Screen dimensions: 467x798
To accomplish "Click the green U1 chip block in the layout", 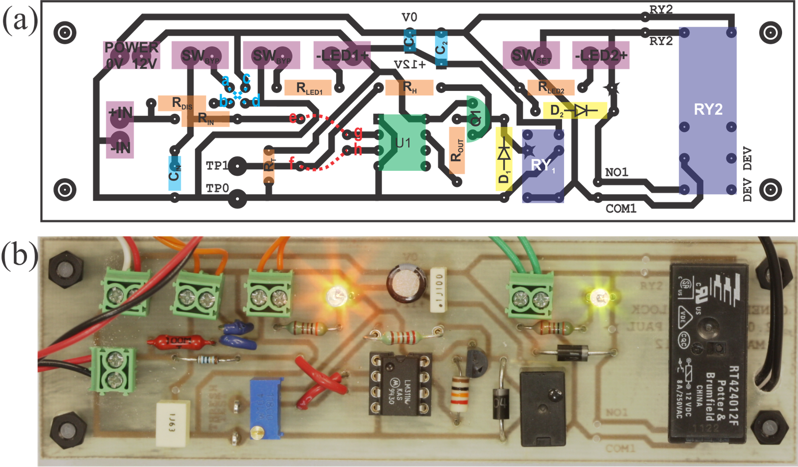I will click(402, 143).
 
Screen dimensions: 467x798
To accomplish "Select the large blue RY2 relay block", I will click(708, 110).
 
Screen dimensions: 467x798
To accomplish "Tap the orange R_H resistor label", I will click(409, 88).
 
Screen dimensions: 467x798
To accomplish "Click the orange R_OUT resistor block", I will click(456, 150).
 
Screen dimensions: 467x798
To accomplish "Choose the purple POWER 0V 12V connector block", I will click(132, 55).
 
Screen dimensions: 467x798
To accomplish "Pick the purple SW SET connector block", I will click(531, 55).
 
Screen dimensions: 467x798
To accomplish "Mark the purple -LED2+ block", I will click(600, 55).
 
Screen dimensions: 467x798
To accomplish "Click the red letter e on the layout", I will click(293, 118).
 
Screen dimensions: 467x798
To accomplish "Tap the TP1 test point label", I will click(217, 165).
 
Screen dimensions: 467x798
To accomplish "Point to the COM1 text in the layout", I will click(621, 208).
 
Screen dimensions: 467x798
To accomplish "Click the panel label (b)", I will click(18, 255).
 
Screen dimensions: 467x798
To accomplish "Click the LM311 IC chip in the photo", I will click(400, 384).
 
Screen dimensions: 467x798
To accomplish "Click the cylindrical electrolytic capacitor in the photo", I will click(407, 283).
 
